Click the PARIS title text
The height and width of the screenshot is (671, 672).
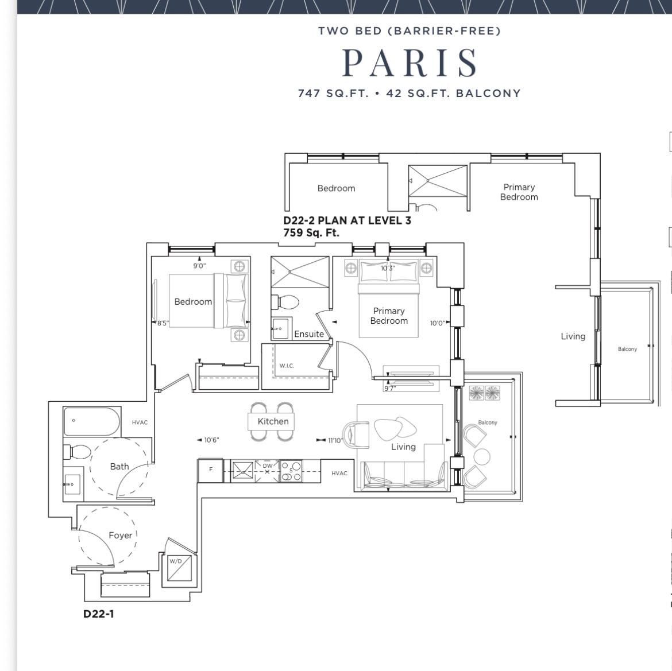tap(410, 63)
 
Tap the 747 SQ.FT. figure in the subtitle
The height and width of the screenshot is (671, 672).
tap(333, 94)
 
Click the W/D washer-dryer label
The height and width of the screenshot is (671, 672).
tap(175, 561)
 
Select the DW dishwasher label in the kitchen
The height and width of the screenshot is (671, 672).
tap(268, 466)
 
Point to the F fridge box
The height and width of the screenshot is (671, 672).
tap(210, 470)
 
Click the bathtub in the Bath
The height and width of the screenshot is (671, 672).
tap(92, 421)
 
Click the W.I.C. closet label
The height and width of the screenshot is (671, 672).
tap(287, 366)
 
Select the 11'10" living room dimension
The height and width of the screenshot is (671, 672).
tap(335, 440)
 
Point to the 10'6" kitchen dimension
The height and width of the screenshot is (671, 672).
tap(211, 440)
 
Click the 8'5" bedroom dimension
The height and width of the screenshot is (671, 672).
tap(163, 323)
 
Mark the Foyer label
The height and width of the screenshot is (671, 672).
tap(121, 536)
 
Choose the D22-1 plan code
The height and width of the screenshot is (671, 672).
tap(99, 614)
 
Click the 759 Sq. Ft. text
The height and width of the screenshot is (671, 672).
tap(311, 232)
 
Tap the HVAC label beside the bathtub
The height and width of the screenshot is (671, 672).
tap(140, 422)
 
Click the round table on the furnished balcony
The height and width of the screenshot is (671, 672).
tap(481, 457)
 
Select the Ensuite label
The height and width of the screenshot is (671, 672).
tap(309, 334)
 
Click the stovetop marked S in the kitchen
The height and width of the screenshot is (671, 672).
tap(291, 471)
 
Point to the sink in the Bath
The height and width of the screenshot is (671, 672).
tap(72, 484)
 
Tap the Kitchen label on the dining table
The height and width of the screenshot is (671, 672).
tap(273, 421)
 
